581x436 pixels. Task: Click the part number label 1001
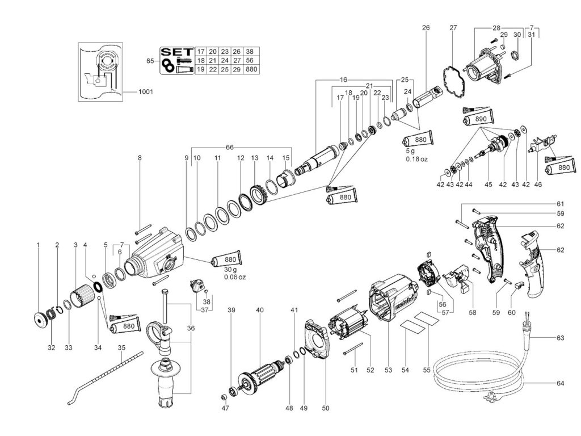pyautogui.click(x=145, y=91)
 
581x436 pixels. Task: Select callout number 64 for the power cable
pyautogui.click(x=560, y=384)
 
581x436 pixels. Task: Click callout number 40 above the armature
pyautogui.click(x=260, y=310)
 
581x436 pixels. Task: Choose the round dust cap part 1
pyautogui.click(x=39, y=321)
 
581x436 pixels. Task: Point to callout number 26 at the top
pyautogui.click(x=426, y=27)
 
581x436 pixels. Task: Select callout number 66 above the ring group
pyautogui.click(x=229, y=147)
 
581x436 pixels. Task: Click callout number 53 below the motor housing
pyautogui.click(x=388, y=370)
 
